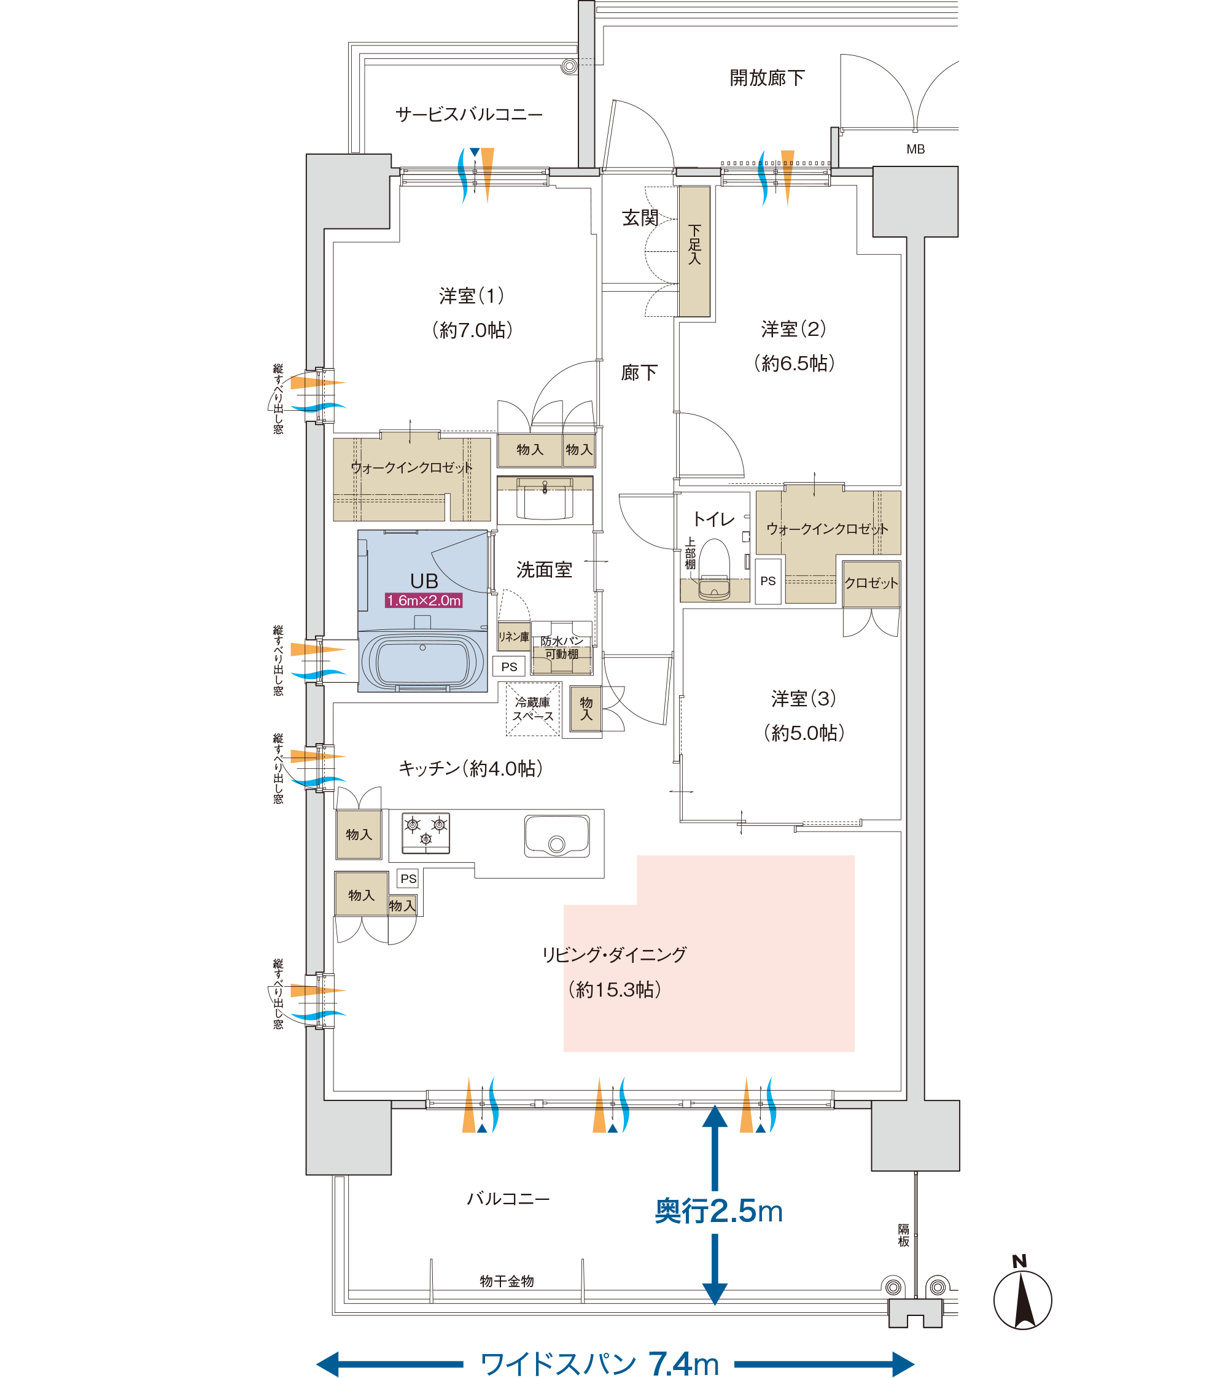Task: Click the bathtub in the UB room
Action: [x=422, y=661]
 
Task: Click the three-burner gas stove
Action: [x=426, y=833]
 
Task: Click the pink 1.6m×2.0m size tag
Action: [x=424, y=601]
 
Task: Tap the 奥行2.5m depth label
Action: [x=718, y=1212]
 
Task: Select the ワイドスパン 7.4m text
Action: [x=599, y=1364]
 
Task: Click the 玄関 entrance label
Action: [x=640, y=217]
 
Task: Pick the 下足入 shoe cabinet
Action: [x=694, y=251]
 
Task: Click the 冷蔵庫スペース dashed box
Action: [x=533, y=709]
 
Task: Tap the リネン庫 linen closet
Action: [x=513, y=636]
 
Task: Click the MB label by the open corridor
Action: [x=915, y=149]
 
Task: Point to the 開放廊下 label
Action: [x=767, y=78]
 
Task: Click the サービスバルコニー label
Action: [x=469, y=114]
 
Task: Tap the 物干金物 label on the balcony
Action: [x=507, y=1281]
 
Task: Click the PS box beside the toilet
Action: [x=768, y=581]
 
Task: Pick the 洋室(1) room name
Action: [x=472, y=295]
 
